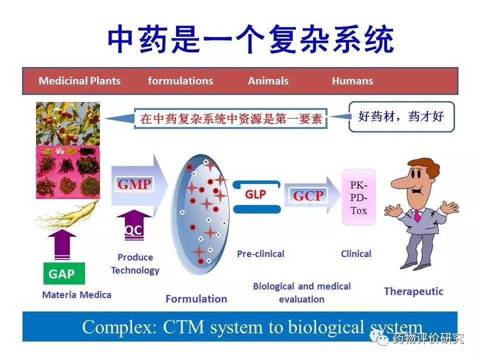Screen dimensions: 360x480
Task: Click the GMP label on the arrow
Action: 134,184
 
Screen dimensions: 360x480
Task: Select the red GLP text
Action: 255,194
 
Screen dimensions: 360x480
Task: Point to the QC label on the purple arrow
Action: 133,230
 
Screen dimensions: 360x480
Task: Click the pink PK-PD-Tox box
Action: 358,197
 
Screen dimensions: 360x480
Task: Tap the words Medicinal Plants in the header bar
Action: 79,81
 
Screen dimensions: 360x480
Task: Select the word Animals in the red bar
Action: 268,81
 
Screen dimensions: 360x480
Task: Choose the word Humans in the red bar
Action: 352,81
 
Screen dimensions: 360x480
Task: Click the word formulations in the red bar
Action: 180,81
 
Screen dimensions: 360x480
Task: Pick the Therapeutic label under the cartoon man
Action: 413,291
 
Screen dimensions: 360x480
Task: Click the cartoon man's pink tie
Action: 417,215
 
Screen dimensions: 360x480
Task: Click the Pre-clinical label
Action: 260,253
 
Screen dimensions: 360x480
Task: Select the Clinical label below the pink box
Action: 356,253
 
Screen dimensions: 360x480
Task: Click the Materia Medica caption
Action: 76,294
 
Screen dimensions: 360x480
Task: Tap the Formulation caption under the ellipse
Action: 196,299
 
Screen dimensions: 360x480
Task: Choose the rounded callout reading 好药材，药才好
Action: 401,117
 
